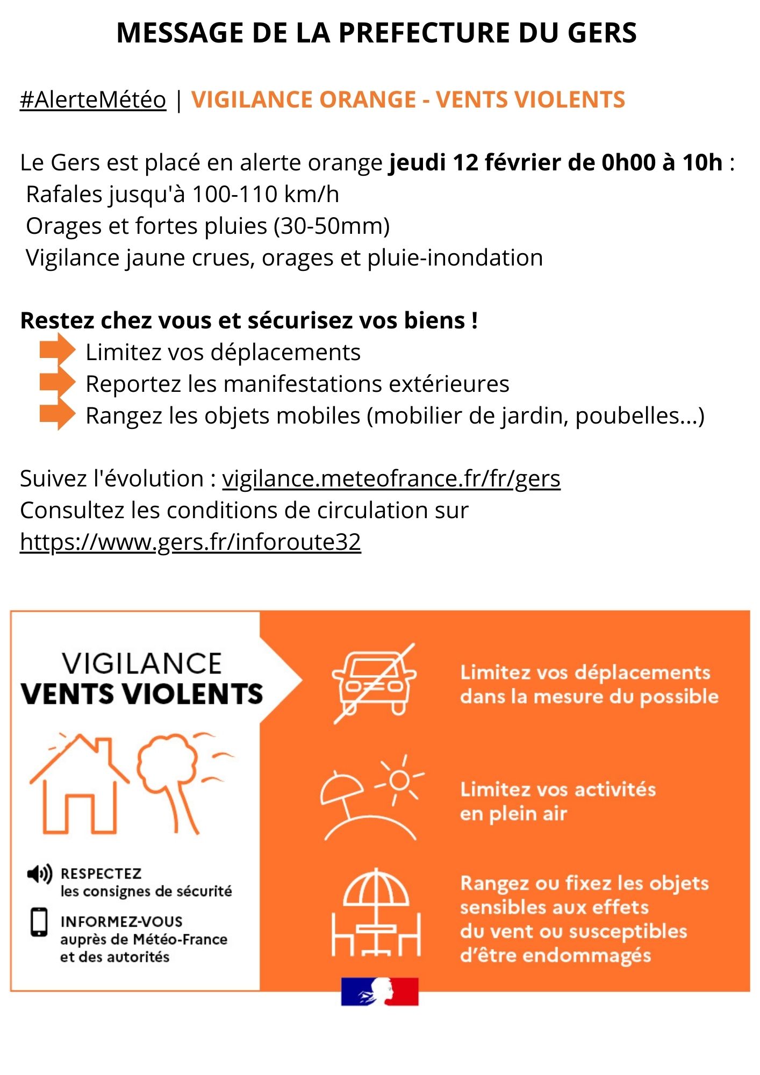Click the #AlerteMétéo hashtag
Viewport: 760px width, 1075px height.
[93, 100]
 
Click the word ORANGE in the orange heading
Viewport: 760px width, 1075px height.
[367, 100]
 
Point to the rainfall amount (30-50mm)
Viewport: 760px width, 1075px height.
[332, 226]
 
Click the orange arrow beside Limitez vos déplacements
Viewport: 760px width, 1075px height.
[58, 350]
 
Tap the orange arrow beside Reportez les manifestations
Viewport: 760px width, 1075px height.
[58, 382]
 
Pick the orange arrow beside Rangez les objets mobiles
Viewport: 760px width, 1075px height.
[58, 414]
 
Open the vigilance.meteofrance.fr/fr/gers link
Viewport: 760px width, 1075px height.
[391, 479]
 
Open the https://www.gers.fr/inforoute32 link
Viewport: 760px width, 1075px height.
[190, 542]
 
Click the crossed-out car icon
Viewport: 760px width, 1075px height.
[374, 683]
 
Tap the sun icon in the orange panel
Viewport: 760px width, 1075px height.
[400, 780]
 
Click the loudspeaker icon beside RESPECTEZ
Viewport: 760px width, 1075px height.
[39, 874]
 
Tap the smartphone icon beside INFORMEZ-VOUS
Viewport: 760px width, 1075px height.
[39, 922]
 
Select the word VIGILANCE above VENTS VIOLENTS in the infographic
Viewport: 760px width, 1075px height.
[142, 664]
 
